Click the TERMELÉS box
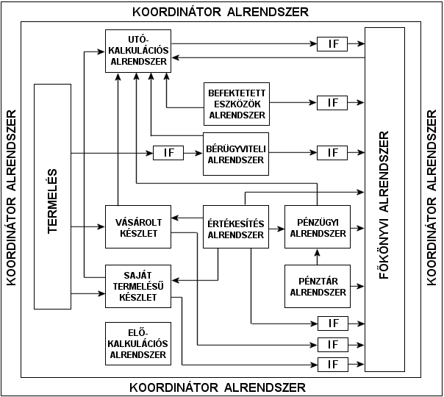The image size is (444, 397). [53, 196]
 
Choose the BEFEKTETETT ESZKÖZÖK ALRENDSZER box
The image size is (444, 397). [237, 103]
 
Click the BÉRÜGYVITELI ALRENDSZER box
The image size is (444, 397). [237, 153]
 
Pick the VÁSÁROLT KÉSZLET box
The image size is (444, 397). [138, 228]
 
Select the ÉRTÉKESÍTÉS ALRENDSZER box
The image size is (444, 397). [236, 229]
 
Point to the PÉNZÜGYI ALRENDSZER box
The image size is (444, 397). [318, 229]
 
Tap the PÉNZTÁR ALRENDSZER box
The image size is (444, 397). [318, 286]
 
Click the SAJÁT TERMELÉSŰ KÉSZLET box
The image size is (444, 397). [138, 286]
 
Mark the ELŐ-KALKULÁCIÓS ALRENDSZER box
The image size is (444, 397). [138, 343]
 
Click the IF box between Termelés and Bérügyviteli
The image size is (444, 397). [168, 153]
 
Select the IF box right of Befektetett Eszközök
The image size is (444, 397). [332, 103]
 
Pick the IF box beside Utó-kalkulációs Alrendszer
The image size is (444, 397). [332, 44]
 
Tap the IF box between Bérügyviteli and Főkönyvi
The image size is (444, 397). [332, 153]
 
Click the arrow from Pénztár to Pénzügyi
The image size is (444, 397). [318, 257]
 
